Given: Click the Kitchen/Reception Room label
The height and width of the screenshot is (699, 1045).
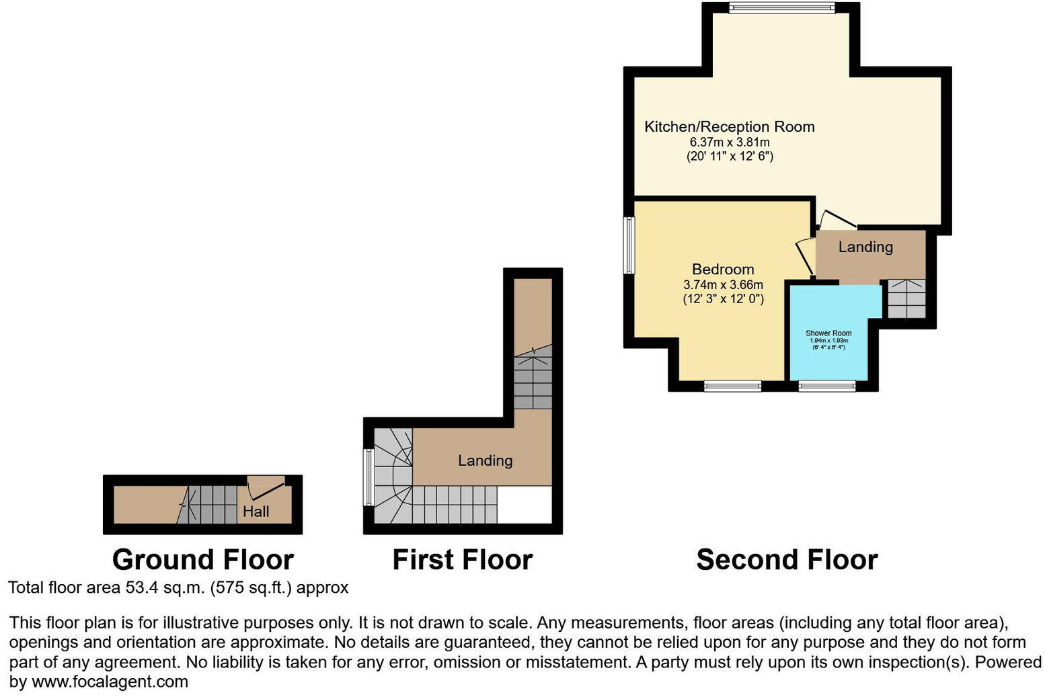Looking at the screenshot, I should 729,126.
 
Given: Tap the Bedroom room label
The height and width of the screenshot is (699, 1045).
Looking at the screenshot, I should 723,270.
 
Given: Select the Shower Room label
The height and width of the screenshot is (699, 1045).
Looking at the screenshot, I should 828,333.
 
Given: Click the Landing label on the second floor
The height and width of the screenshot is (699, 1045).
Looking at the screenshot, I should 865,247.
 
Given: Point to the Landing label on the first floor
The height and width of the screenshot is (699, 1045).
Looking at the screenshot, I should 485,460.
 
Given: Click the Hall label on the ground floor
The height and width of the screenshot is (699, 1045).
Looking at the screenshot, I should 256,511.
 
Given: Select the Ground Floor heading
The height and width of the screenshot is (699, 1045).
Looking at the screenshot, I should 202,560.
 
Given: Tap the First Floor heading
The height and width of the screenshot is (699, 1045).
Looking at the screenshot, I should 462,560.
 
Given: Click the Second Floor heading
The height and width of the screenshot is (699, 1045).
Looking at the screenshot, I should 787,560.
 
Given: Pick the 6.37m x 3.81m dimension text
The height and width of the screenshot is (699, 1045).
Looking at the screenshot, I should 730,142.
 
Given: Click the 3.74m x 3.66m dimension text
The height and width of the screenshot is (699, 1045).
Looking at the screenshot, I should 723,285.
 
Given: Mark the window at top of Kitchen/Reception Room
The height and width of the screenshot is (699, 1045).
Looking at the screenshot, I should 782,8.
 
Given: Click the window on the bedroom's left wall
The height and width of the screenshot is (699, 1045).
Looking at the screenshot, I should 629,245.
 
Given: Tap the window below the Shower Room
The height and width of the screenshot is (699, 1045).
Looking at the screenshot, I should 827,386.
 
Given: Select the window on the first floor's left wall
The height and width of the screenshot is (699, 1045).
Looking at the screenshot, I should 368,477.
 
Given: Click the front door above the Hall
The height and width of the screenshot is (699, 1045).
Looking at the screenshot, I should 266,481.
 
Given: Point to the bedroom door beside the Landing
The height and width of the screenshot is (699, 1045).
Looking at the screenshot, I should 804,255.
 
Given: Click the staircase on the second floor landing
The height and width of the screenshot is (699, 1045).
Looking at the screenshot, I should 906,299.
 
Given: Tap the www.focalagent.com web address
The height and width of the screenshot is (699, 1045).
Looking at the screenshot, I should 110,682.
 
